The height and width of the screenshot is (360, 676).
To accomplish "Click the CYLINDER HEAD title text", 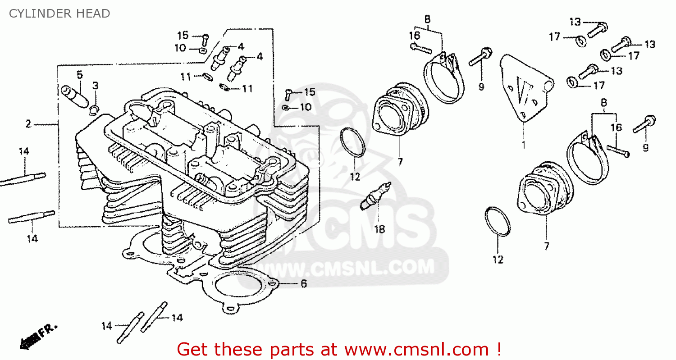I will (59, 14).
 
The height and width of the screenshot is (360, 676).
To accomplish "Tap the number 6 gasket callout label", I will (303, 284).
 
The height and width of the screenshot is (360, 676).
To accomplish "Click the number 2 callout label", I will (28, 124).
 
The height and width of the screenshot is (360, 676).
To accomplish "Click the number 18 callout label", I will (379, 229).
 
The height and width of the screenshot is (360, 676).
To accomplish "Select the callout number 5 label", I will (79, 75).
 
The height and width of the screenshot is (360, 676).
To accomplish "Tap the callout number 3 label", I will (95, 86).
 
